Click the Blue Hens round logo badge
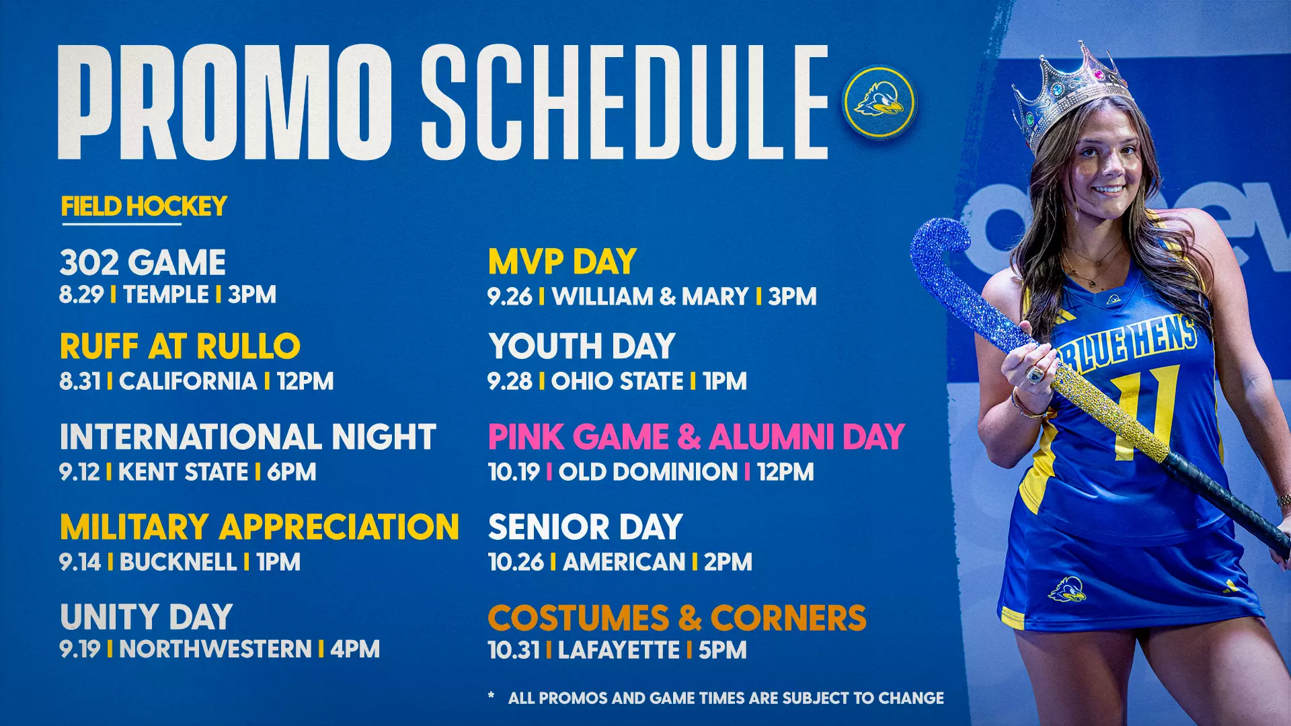tap(879, 102)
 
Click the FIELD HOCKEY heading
tap(144, 206)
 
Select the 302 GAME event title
tap(143, 262)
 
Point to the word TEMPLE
tap(166, 294)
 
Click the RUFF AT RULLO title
tap(180, 347)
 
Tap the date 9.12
tap(79, 472)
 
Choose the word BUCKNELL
tap(178, 562)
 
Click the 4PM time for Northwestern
tap(355, 649)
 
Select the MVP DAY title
tap(562, 261)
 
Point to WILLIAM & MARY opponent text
tap(650, 296)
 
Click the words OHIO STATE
tap(617, 381)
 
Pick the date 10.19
tap(514, 472)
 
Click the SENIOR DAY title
tap(585, 527)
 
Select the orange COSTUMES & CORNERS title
tap(677, 618)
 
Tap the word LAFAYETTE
tap(619, 650)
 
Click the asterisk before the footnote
tap(492, 696)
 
